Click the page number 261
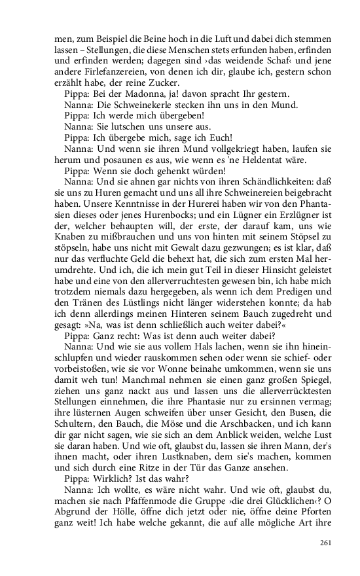327,543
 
